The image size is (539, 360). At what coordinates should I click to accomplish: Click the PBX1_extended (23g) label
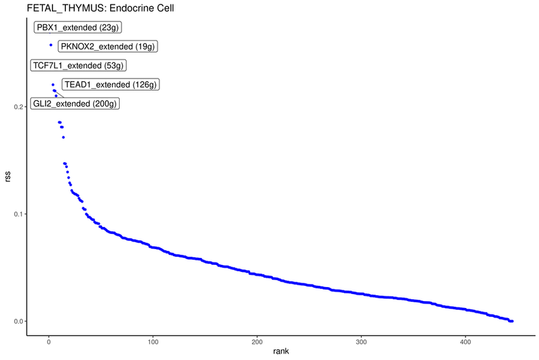(77, 27)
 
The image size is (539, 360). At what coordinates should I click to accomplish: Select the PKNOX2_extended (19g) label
(108, 46)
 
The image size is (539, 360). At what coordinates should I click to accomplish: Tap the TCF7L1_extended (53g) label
(79, 65)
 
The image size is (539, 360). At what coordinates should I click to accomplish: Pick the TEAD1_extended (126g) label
(111, 84)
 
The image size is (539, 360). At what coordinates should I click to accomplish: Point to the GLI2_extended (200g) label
(75, 103)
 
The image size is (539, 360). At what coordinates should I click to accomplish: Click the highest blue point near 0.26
(51, 45)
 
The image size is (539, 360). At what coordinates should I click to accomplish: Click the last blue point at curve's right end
(512, 321)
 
